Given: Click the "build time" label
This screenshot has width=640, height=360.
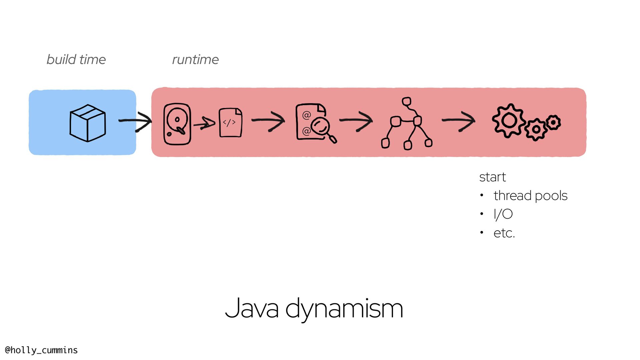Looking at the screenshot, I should pyautogui.click(x=76, y=60).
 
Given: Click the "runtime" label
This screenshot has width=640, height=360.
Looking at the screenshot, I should pyautogui.click(x=195, y=60).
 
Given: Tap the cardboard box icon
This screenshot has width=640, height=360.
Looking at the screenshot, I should pyautogui.click(x=88, y=123).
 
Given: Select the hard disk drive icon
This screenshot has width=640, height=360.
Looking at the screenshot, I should pyautogui.click(x=177, y=124).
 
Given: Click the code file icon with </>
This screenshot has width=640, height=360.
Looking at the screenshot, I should pyautogui.click(x=230, y=123).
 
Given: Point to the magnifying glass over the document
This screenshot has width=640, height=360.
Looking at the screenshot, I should pyautogui.click(x=321, y=127).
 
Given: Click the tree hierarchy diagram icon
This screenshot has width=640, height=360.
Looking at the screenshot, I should pyautogui.click(x=407, y=123).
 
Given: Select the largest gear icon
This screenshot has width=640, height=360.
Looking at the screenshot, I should pyautogui.click(x=509, y=120).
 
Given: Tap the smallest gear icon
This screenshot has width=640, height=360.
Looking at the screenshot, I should pyautogui.click(x=554, y=122).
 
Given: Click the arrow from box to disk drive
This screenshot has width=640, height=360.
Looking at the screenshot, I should pyautogui.click(x=135, y=121).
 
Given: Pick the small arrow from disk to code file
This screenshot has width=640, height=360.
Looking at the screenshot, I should pyautogui.click(x=204, y=124).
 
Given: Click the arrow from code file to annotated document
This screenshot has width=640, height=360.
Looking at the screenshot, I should pyautogui.click(x=268, y=121).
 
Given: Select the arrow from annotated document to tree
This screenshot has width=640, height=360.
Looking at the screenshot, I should pyautogui.click(x=356, y=121).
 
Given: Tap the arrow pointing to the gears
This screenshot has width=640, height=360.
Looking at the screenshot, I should pyautogui.click(x=459, y=121).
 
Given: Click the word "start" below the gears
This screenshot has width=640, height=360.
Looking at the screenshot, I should pyautogui.click(x=492, y=177).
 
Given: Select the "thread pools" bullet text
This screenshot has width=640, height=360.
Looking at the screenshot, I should pyautogui.click(x=530, y=196).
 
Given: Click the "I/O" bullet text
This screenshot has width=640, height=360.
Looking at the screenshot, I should pyautogui.click(x=503, y=214).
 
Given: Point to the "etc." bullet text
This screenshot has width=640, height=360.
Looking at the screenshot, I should pyautogui.click(x=504, y=233).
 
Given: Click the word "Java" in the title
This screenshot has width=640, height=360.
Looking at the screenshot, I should pyautogui.click(x=252, y=309).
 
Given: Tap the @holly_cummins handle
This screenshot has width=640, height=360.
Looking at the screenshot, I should pyautogui.click(x=41, y=350).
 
